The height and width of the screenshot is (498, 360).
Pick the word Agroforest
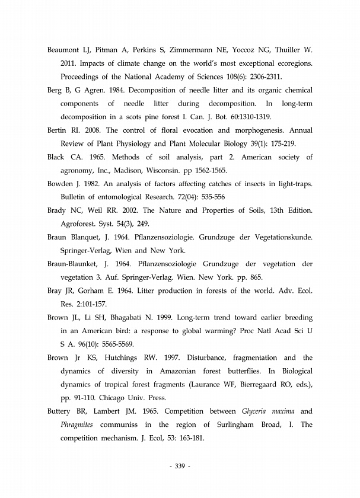[80, 224]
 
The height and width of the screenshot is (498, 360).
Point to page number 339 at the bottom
[180, 467]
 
